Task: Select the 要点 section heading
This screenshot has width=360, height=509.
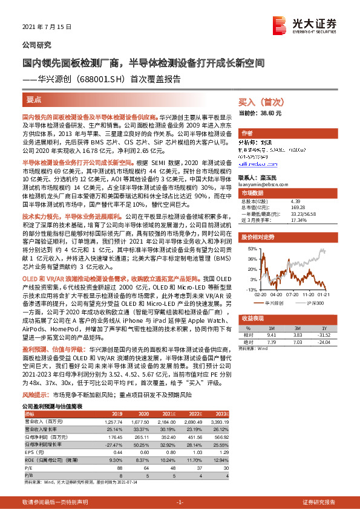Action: click(34, 99)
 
